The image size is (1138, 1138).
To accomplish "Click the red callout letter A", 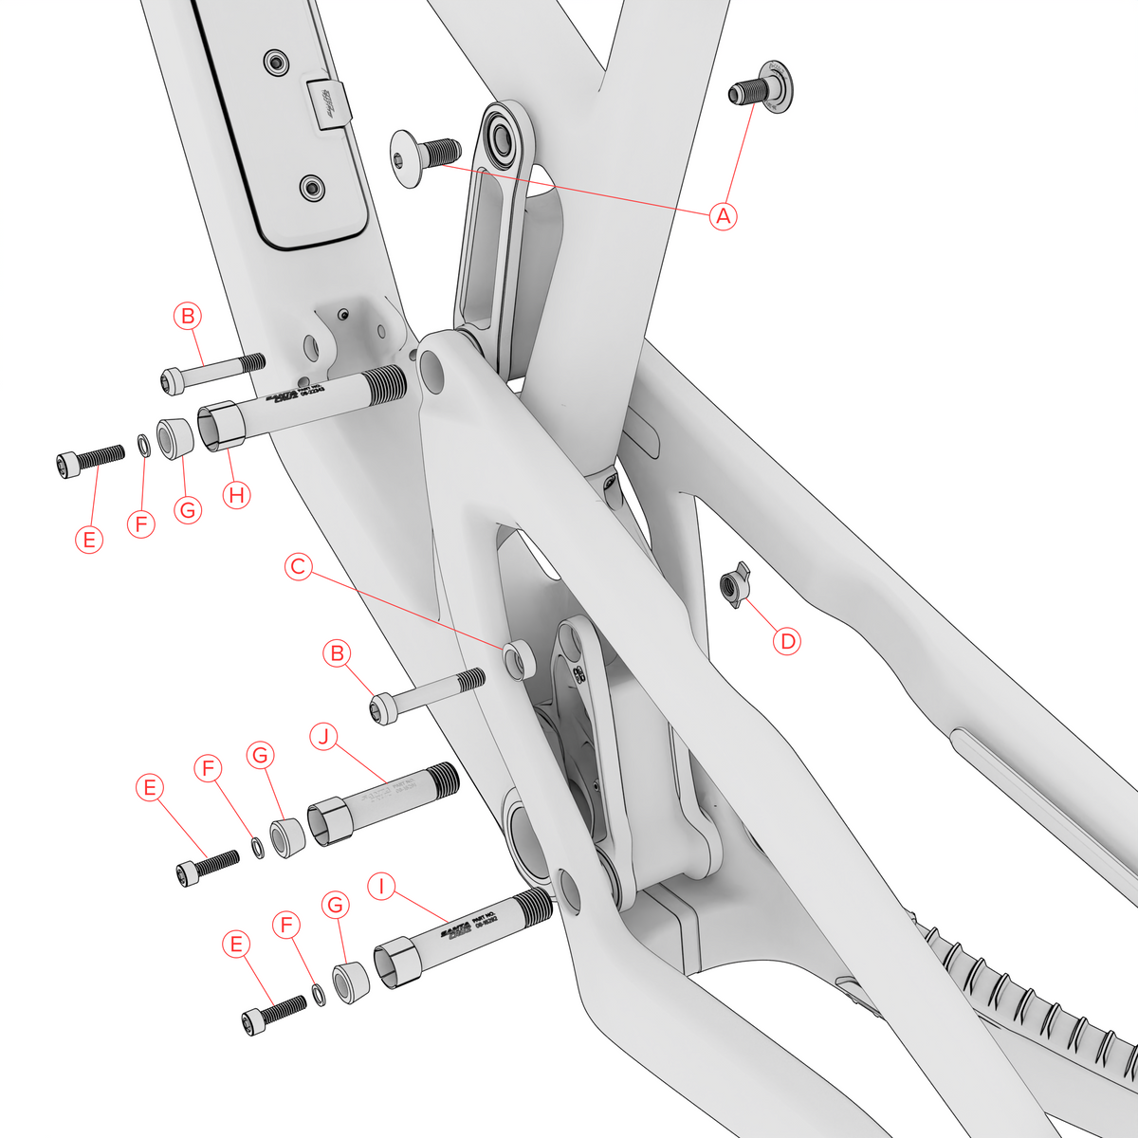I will pos(724,215).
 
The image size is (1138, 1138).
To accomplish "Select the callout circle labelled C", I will pos(299,567).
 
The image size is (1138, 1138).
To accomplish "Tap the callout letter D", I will pos(787,641).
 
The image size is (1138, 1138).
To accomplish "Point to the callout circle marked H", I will pos(236,493).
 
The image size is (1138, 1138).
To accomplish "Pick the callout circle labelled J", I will pos(325,737).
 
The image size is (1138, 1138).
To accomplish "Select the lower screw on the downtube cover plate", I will pos(311,188).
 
